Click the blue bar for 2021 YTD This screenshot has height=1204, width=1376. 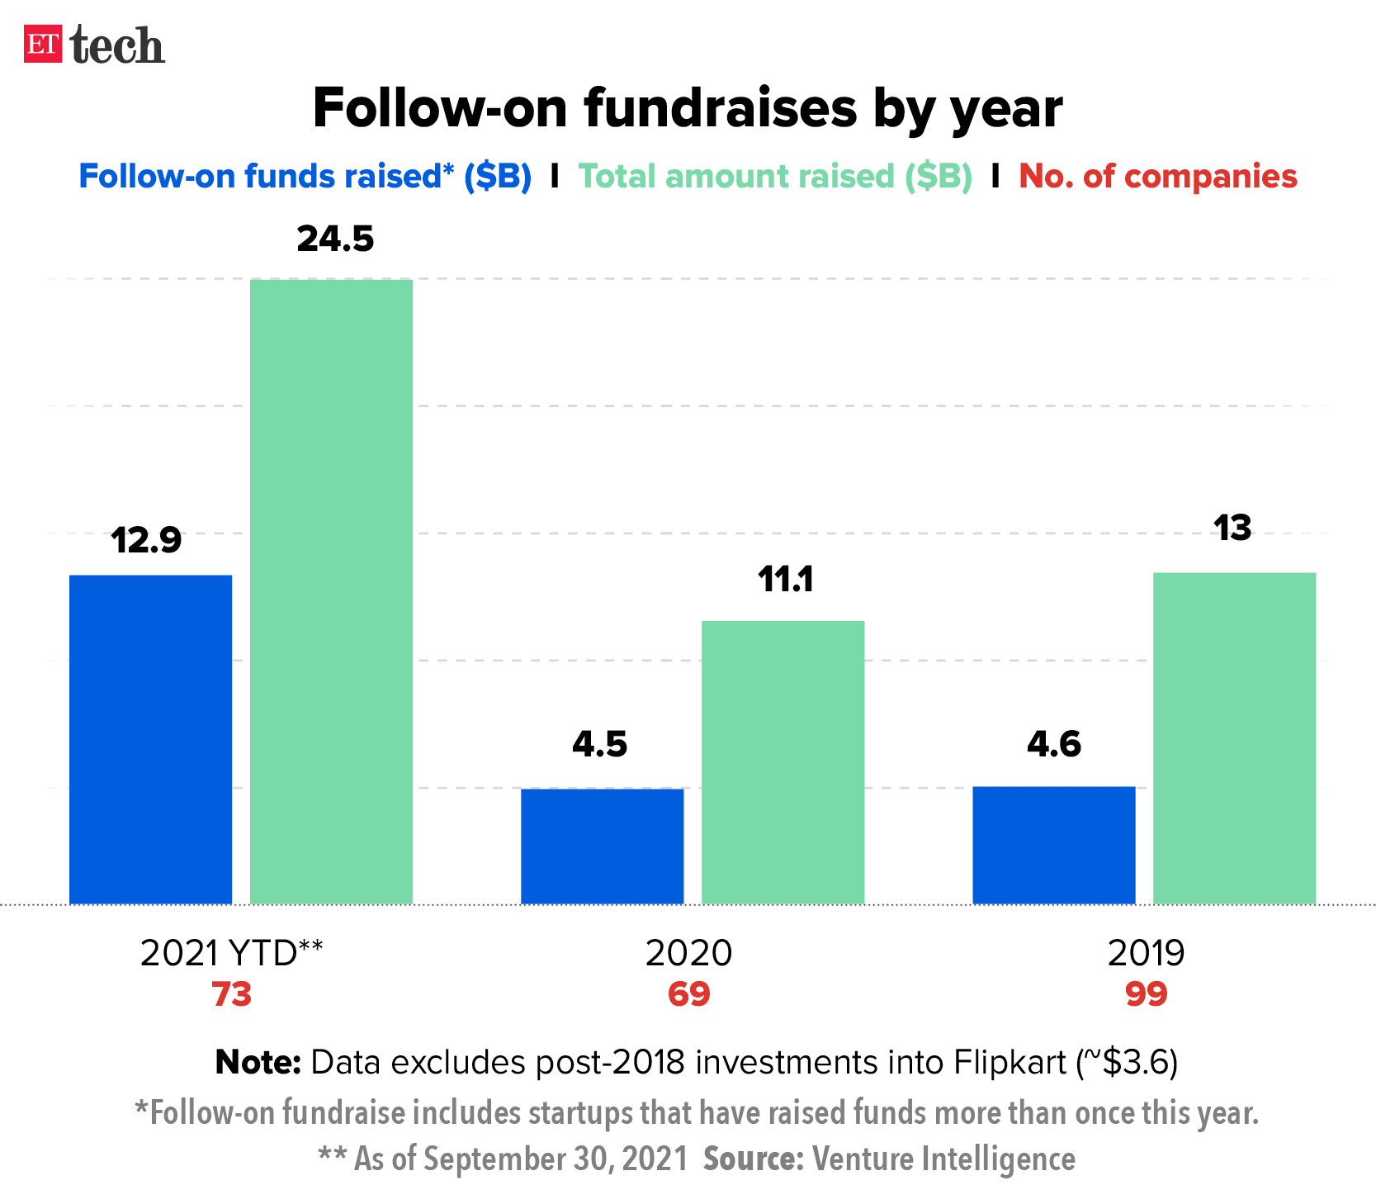150,738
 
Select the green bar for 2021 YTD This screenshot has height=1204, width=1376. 331,591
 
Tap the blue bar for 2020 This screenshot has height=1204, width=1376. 602,846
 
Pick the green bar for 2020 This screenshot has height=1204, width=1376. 783,761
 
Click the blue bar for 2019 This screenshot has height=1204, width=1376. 1053,844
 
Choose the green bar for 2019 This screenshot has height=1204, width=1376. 1234,737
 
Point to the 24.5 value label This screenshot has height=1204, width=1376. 335,239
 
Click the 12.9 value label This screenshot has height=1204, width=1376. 146,541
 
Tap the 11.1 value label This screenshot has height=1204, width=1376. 786,580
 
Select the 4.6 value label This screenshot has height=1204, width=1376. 1054,745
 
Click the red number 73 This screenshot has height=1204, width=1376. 232,994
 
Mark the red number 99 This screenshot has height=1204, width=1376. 1147,994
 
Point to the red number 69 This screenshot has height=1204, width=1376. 689,994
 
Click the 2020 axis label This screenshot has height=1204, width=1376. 688,953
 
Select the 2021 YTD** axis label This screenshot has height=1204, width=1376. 232,953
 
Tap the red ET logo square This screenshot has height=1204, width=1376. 43,45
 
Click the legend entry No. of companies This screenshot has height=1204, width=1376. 1158,177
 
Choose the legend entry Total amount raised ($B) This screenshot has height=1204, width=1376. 775,177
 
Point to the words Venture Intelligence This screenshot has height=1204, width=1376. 943,1159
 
